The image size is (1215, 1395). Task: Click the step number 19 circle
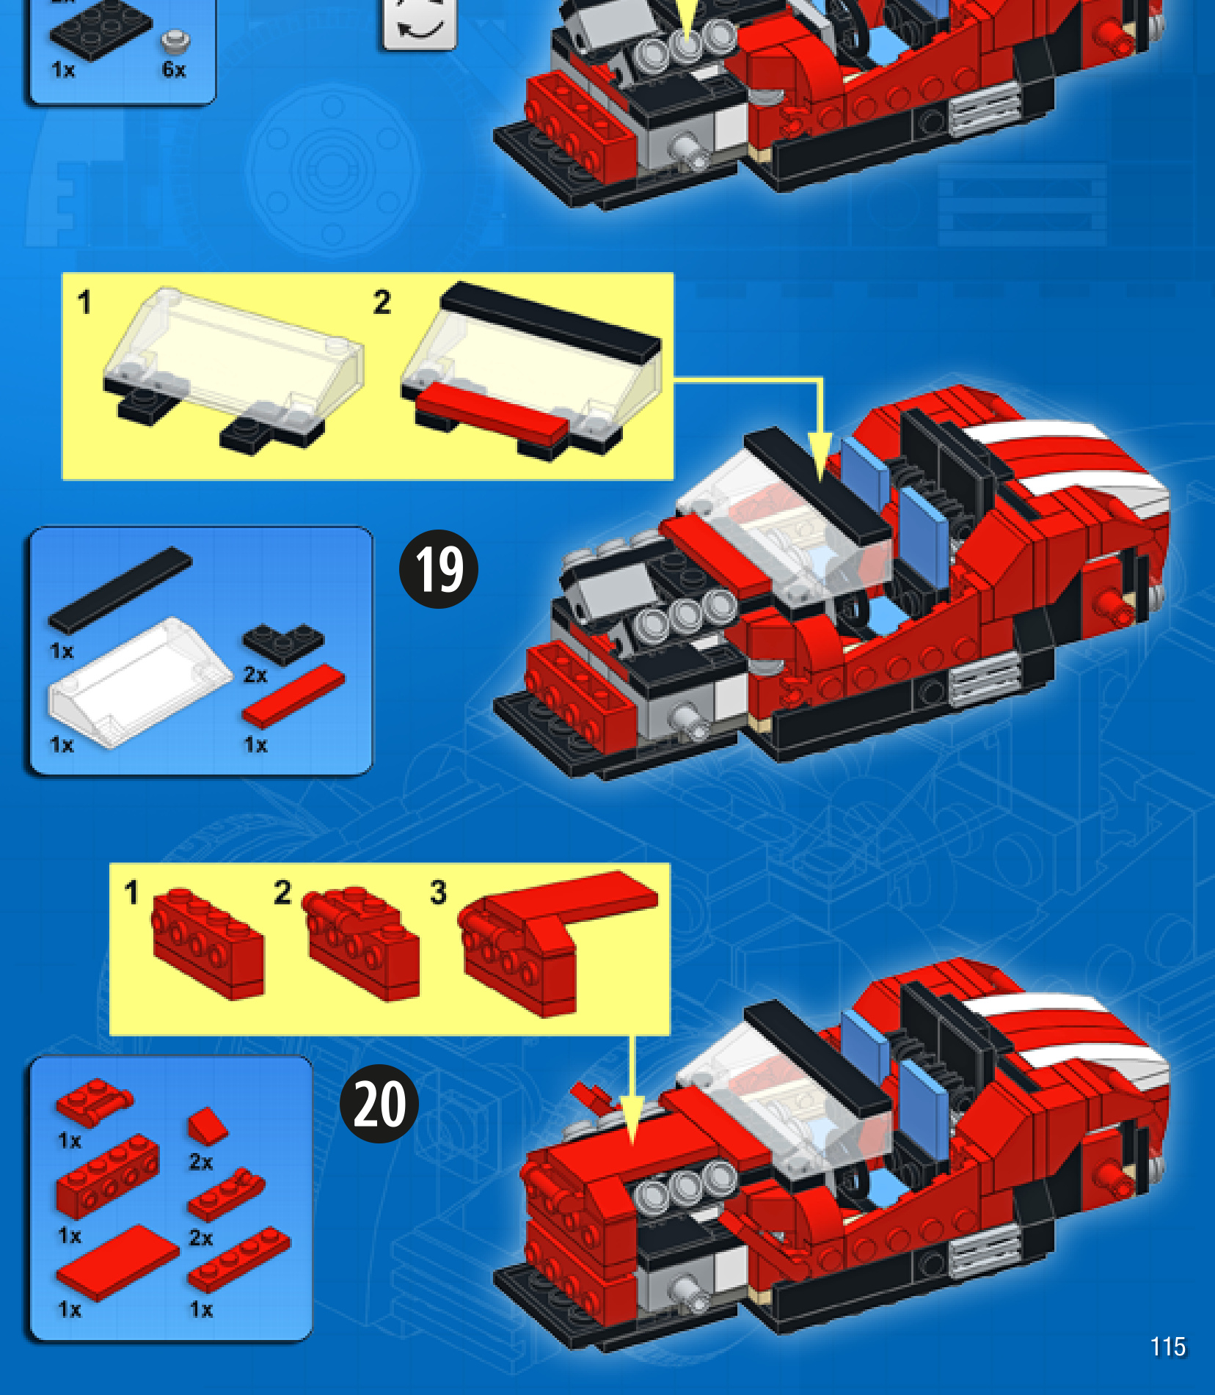pos(438,569)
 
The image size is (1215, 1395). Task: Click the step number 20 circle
pos(379,1103)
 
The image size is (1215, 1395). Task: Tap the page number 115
pos(1168,1347)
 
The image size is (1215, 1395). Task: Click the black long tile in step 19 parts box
pos(120,590)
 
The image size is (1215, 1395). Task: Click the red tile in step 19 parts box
pos(293,695)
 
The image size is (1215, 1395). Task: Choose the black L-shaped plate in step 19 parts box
pos(283,643)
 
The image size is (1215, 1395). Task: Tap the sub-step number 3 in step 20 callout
pos(438,893)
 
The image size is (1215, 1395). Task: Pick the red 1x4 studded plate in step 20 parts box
pos(239,1259)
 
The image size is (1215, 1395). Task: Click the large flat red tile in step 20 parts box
pos(117,1262)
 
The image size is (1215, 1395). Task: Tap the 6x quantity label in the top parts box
pos(174,70)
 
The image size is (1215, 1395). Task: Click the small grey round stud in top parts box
pos(175,42)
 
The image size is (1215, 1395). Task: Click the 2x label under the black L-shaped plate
pos(255,675)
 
